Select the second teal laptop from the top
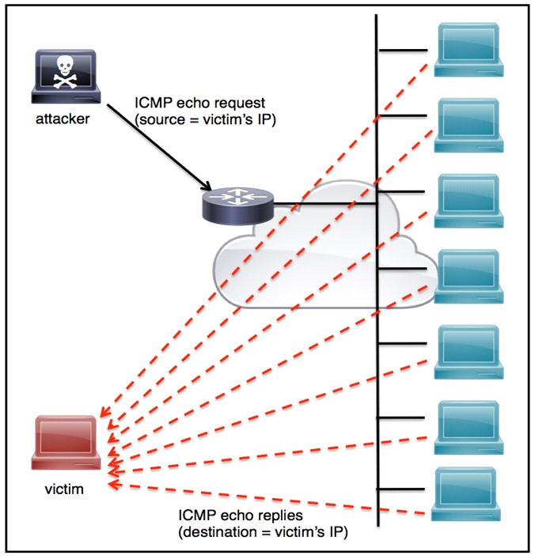(x=470, y=123)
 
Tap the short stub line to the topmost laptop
(x=404, y=52)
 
